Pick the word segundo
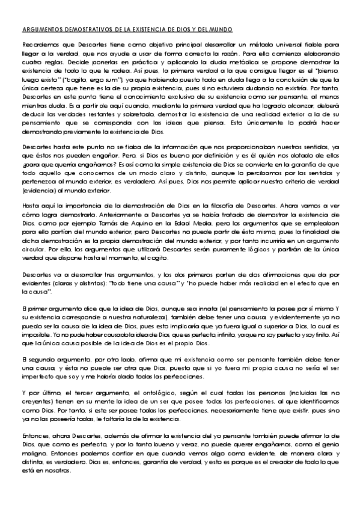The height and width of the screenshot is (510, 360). [x=41, y=357]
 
